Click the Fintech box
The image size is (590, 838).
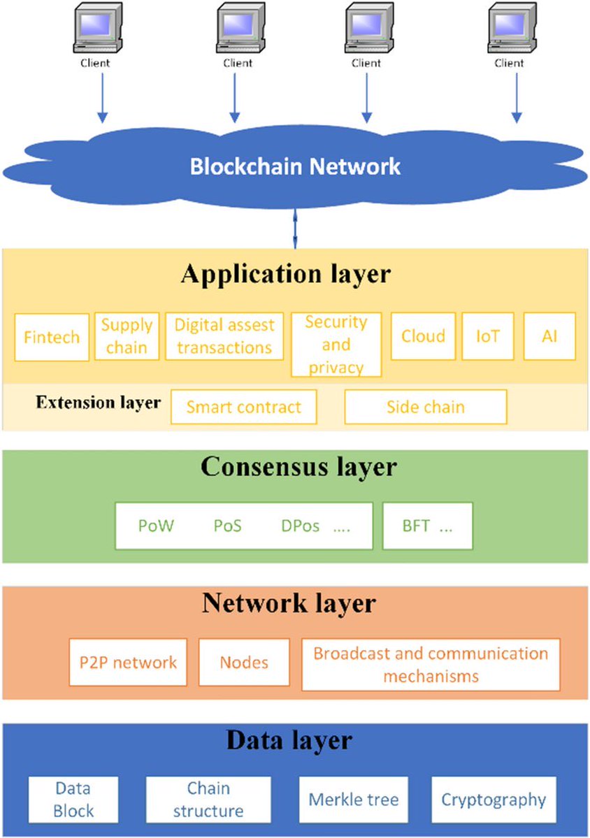point(52,336)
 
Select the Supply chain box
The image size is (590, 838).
point(127,336)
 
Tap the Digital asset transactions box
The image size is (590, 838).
point(224,336)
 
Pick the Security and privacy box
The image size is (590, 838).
point(336,344)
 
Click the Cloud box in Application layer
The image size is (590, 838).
point(423,336)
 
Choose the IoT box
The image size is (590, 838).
point(488,336)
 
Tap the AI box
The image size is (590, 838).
point(549,336)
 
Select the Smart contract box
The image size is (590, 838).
point(243,407)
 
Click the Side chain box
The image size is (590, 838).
point(425,407)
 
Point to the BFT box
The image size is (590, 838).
point(427,526)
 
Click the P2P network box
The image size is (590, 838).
point(128,662)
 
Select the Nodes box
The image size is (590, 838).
point(244,662)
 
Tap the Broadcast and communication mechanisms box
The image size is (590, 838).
point(431,664)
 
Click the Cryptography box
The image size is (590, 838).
point(494,799)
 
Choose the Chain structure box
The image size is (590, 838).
point(208,800)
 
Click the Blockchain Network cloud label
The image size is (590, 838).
point(296,166)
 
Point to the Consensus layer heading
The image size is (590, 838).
point(298,466)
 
